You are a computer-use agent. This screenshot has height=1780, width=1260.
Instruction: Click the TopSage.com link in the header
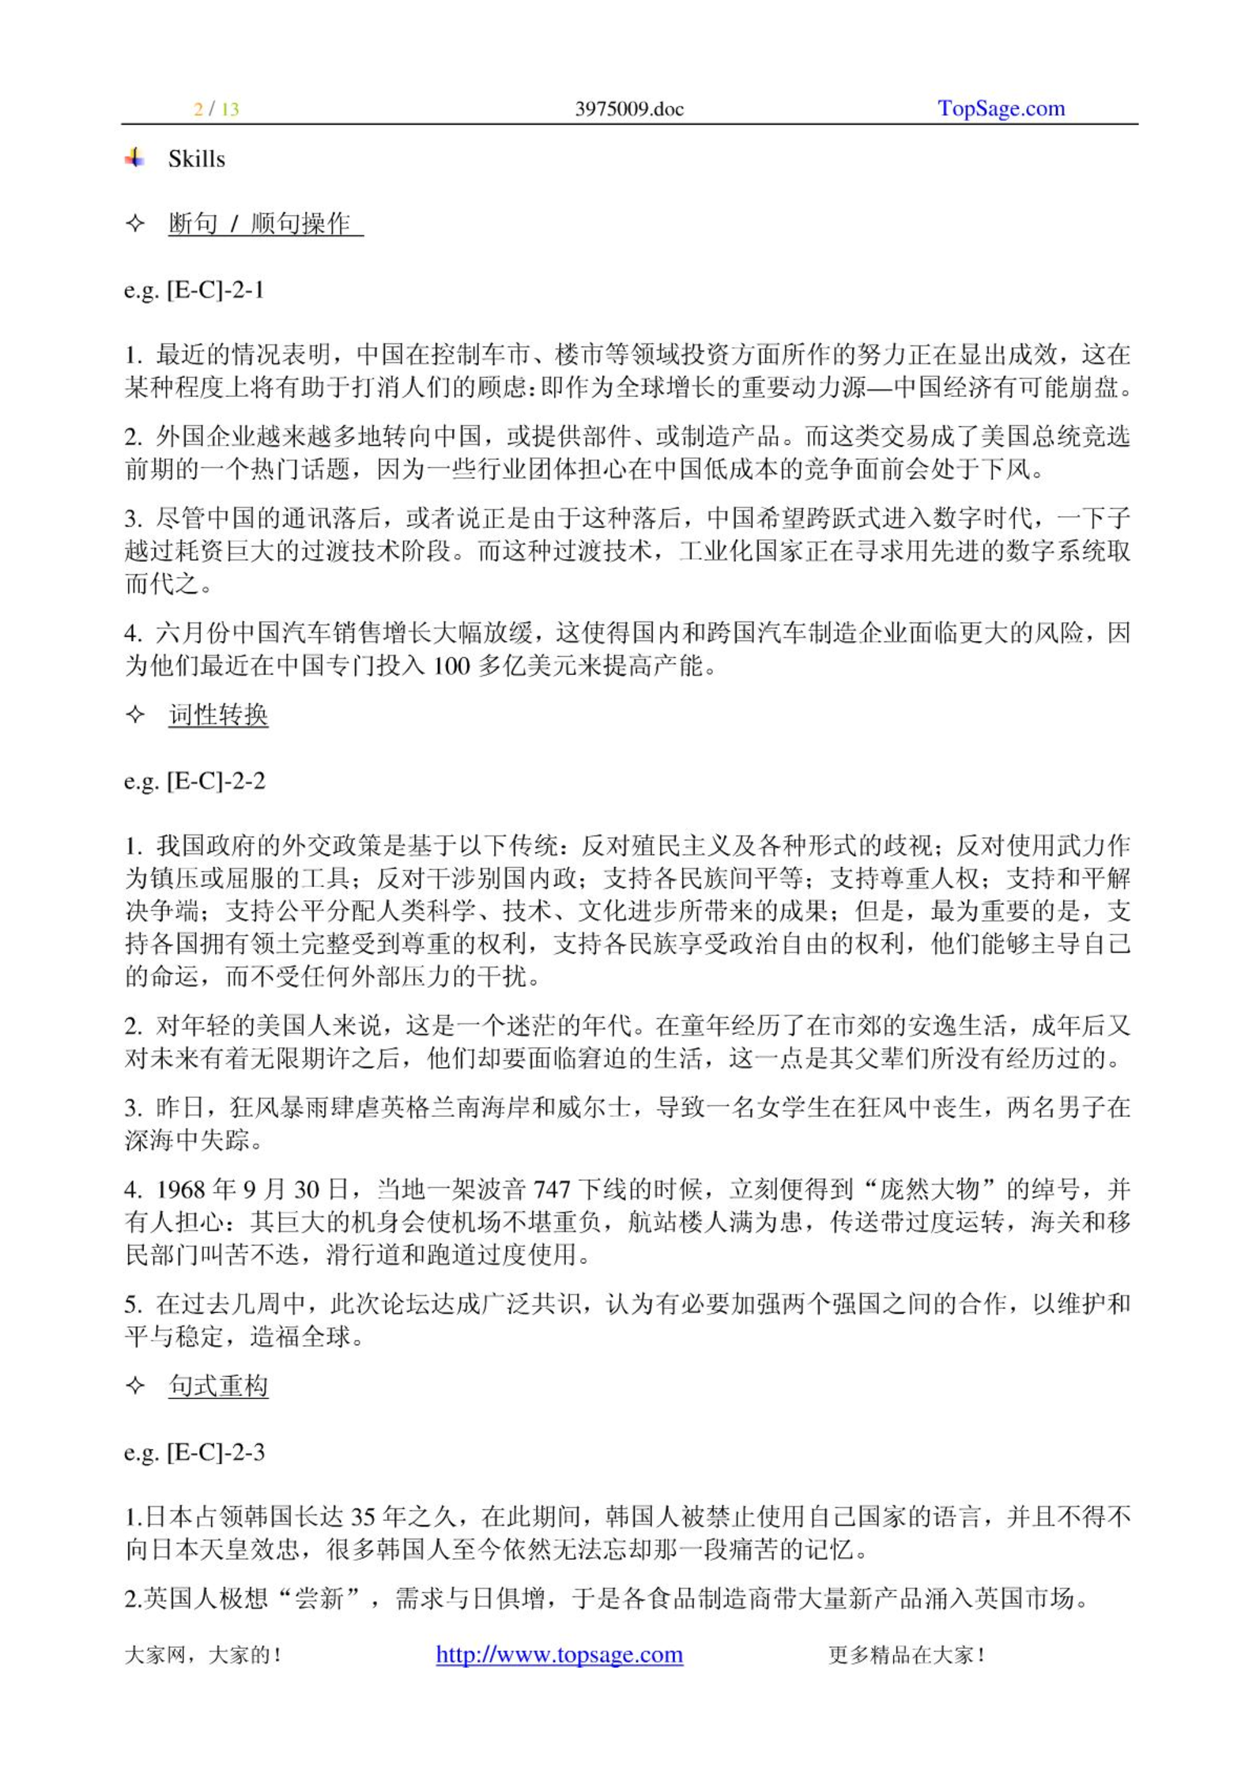1001,108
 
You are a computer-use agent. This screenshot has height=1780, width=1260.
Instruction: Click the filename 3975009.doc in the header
629,109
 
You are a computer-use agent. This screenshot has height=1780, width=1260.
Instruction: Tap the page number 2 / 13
217,109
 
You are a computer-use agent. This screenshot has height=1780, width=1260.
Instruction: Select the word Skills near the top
196,159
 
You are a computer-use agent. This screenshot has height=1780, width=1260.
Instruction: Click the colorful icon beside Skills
135,158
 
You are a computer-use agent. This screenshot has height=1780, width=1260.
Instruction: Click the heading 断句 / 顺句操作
264,224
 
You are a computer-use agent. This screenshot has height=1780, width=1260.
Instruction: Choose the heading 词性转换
218,715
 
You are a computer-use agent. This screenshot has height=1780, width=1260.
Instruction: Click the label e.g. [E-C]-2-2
194,781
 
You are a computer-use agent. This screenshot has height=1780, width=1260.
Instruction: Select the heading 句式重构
218,1386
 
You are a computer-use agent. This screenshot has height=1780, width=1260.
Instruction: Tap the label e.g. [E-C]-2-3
194,1452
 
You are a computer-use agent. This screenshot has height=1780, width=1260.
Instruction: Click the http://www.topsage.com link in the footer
559,1654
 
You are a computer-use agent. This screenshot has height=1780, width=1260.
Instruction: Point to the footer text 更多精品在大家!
906,1655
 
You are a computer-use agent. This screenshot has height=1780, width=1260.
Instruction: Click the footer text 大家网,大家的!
203,1655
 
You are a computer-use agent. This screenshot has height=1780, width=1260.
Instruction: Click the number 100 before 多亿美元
452,666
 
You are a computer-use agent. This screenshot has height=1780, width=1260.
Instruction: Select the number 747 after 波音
553,1190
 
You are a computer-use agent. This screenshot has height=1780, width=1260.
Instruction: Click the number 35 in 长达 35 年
362,1517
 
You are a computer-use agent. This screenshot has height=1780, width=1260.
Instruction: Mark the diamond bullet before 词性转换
135,715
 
